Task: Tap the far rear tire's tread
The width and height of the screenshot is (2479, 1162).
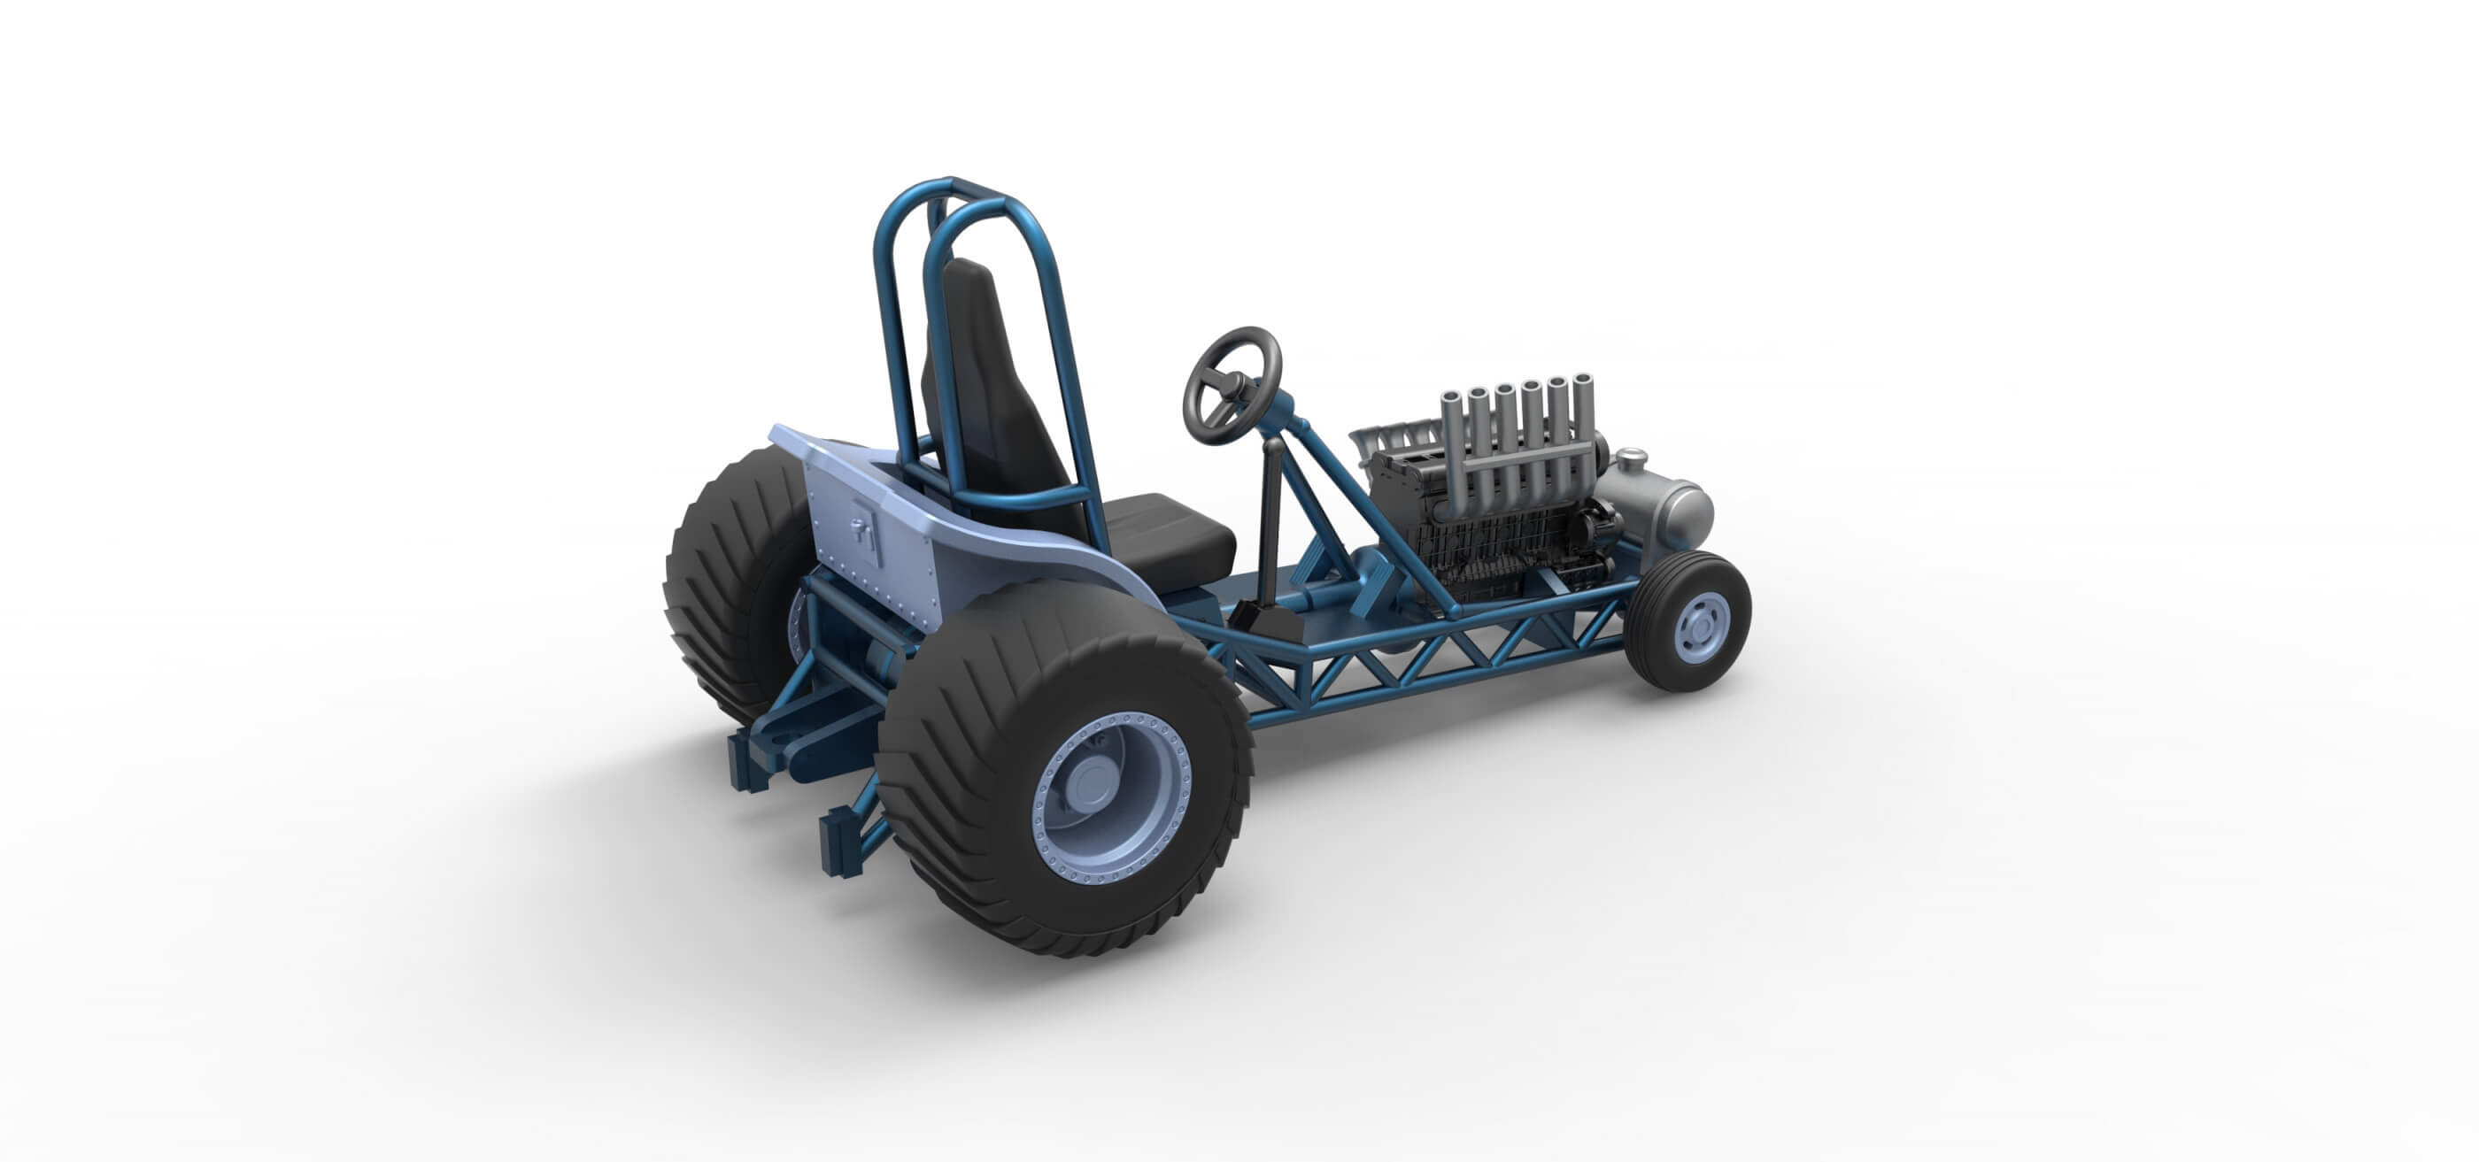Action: pyautogui.click(x=717, y=587)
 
